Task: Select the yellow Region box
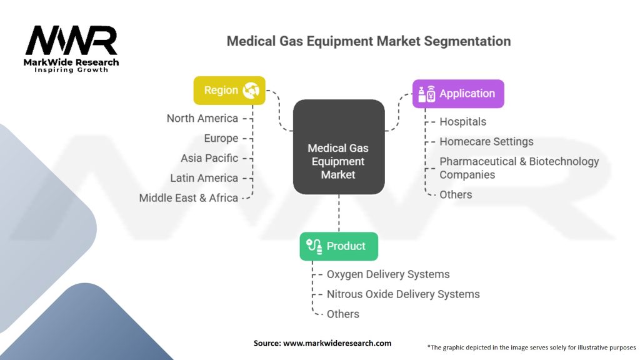pos(229,91)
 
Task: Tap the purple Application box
pos(458,94)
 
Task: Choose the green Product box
pos(339,246)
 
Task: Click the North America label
pos(202,118)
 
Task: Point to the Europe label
pos(221,138)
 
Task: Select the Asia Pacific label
pos(209,158)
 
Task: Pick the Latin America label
pos(204,178)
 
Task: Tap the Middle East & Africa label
pos(188,198)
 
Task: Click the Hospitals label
pos(462,122)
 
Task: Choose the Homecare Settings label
pos(486,142)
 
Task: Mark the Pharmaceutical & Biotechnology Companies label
pos(519,168)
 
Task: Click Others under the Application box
pos(456,194)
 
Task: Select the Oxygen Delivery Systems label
pos(388,274)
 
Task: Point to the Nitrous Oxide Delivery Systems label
pos(403,294)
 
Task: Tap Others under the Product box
pos(343,314)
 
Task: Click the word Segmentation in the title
pos(467,41)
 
